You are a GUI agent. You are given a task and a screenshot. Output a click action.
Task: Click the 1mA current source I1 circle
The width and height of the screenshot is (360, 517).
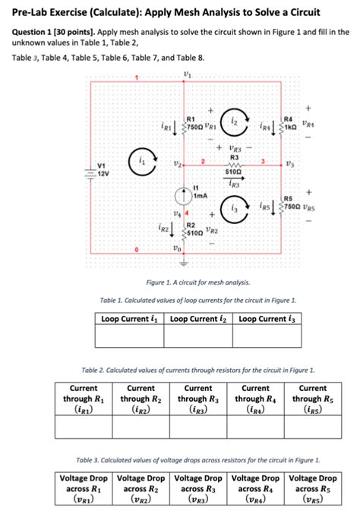coord(183,197)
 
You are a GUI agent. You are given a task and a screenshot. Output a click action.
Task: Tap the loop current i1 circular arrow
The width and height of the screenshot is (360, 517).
coord(145,161)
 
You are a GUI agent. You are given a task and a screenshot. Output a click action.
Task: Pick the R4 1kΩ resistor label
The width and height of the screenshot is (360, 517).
coord(289,119)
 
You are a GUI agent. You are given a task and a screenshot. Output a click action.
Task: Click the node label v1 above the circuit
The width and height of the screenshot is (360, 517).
coord(187,74)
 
